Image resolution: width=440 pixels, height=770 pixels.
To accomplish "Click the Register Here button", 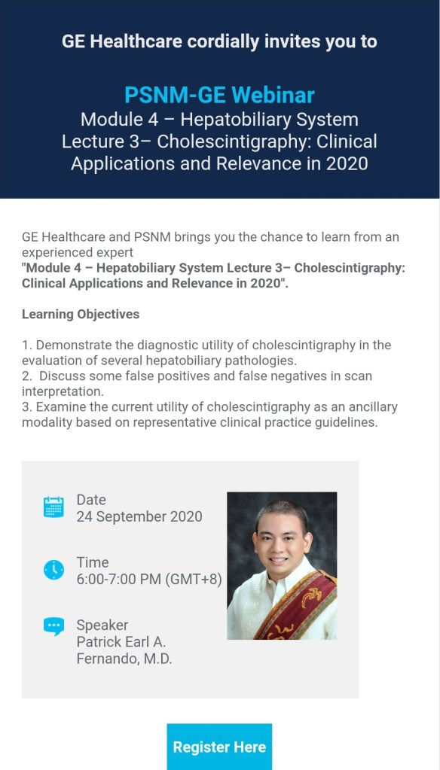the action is [219, 747].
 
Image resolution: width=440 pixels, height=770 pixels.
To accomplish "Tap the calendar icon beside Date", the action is [53, 507].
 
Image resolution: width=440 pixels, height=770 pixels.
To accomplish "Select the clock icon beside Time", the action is [53, 570].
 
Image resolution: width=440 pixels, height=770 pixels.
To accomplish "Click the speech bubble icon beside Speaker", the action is [53, 626].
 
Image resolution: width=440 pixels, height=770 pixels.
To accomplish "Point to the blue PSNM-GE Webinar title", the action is [219, 95].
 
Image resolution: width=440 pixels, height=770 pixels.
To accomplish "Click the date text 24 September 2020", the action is [139, 516].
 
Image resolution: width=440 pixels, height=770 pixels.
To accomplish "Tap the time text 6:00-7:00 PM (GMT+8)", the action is [149, 579].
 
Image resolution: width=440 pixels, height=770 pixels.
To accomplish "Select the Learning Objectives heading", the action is [81, 315].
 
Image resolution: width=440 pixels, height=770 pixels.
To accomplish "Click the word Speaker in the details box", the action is [102, 625].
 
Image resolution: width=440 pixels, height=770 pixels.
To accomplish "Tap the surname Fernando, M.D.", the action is [124, 659].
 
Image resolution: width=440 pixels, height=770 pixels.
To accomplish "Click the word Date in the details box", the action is [91, 500].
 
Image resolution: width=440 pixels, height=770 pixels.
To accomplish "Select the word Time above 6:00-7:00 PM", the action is [93, 562].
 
